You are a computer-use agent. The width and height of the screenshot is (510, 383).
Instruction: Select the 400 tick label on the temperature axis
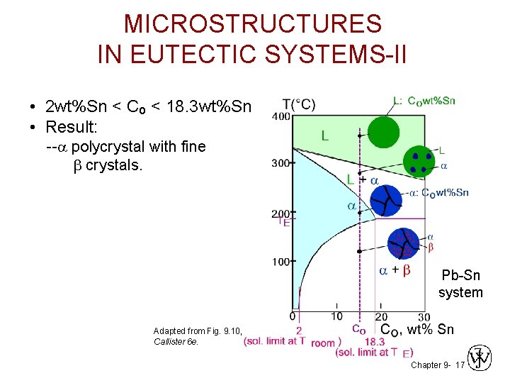281,116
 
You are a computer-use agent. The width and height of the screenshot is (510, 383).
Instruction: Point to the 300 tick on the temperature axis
281,163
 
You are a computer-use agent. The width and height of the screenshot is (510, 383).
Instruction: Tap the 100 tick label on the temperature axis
281,262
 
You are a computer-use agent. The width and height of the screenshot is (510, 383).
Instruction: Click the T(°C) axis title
299,104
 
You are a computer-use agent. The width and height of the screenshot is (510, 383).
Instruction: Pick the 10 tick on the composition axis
336,316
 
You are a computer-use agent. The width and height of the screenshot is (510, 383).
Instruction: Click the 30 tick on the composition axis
424,316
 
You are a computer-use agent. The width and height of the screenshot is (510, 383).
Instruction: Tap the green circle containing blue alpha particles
419,162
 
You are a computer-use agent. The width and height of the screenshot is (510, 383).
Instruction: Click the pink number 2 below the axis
299,330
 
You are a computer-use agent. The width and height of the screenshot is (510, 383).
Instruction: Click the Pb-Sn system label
460,284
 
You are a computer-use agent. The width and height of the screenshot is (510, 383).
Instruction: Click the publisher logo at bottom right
480,359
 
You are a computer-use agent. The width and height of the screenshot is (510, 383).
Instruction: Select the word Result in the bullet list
74,128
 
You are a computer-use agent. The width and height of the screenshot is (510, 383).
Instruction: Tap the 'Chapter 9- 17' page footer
437,365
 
